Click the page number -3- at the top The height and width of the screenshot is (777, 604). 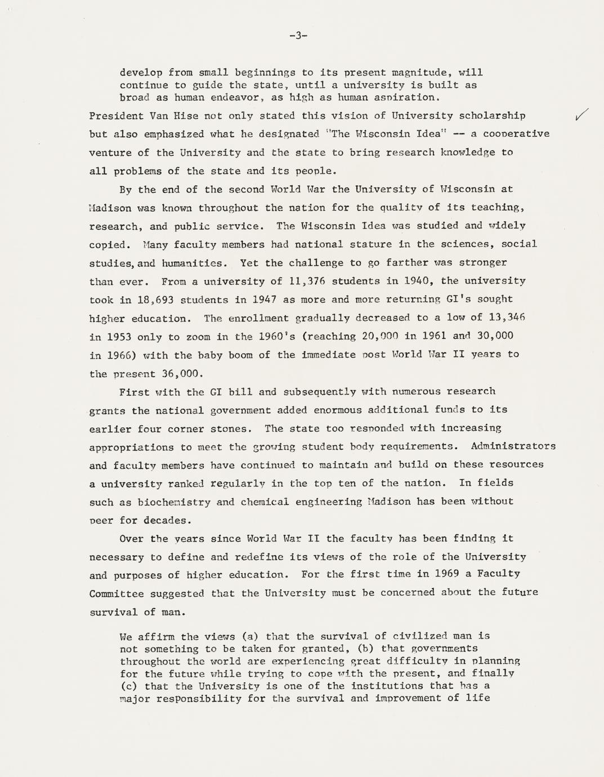pyautogui.click(x=298, y=36)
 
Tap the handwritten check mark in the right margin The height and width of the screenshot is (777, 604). pyautogui.click(x=583, y=114)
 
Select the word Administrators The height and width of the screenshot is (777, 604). pyautogui.click(x=513, y=446)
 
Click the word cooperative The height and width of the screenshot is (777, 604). pyautogui.click(x=516, y=134)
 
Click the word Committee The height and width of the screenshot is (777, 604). pyautogui.click(x=117, y=593)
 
